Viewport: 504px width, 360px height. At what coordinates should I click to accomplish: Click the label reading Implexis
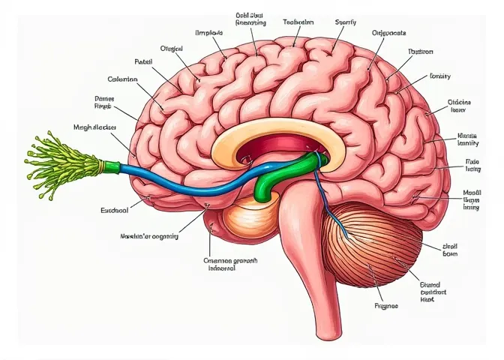[x=210, y=34]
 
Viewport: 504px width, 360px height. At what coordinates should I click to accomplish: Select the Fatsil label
[x=143, y=61]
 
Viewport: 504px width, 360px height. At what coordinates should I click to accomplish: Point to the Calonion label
[x=124, y=79]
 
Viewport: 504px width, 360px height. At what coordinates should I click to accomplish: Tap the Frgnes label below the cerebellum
[x=385, y=306]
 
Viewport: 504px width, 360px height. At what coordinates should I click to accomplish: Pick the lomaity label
[x=440, y=76]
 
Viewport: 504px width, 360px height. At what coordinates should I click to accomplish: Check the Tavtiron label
[x=421, y=52]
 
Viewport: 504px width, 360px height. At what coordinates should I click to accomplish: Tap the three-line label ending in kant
[x=432, y=289]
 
